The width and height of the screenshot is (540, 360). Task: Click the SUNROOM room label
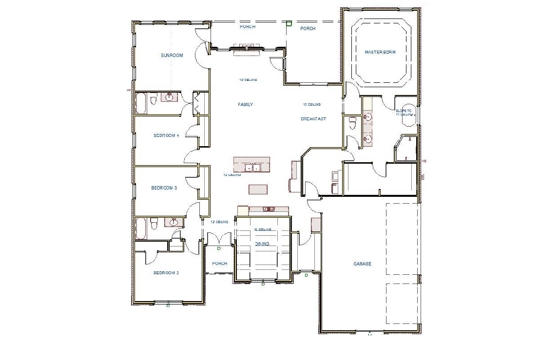(x=172, y=56)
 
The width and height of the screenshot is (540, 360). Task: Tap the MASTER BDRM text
(x=381, y=52)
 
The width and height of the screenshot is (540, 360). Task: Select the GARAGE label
(x=362, y=264)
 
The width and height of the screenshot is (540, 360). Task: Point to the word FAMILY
(x=245, y=105)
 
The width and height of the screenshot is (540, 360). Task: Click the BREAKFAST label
(x=313, y=119)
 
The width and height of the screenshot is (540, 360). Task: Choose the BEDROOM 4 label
(x=166, y=135)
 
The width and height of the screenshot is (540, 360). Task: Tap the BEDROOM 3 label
(x=164, y=188)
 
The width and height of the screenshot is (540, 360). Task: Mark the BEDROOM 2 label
(x=166, y=273)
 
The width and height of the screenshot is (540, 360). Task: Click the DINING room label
(x=262, y=244)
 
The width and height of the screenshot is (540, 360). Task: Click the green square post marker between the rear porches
(x=289, y=23)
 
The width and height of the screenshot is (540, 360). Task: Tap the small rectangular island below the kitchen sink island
(x=258, y=189)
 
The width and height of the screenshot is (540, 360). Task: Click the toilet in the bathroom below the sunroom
(x=153, y=100)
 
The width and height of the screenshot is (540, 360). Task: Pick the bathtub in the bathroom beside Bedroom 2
(x=141, y=228)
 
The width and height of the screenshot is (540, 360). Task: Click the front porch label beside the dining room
(x=219, y=264)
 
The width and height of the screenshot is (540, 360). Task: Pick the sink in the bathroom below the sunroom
(x=170, y=96)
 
